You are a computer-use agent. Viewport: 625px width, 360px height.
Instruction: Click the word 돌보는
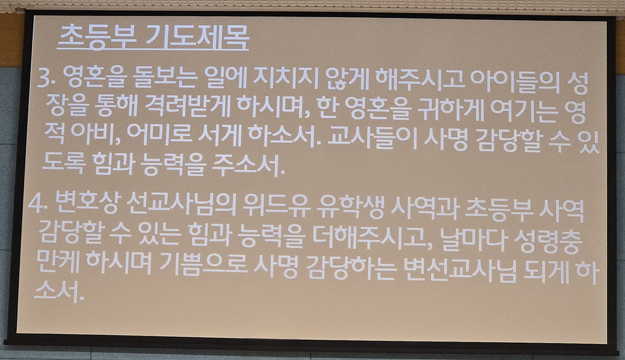[x=167, y=77]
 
